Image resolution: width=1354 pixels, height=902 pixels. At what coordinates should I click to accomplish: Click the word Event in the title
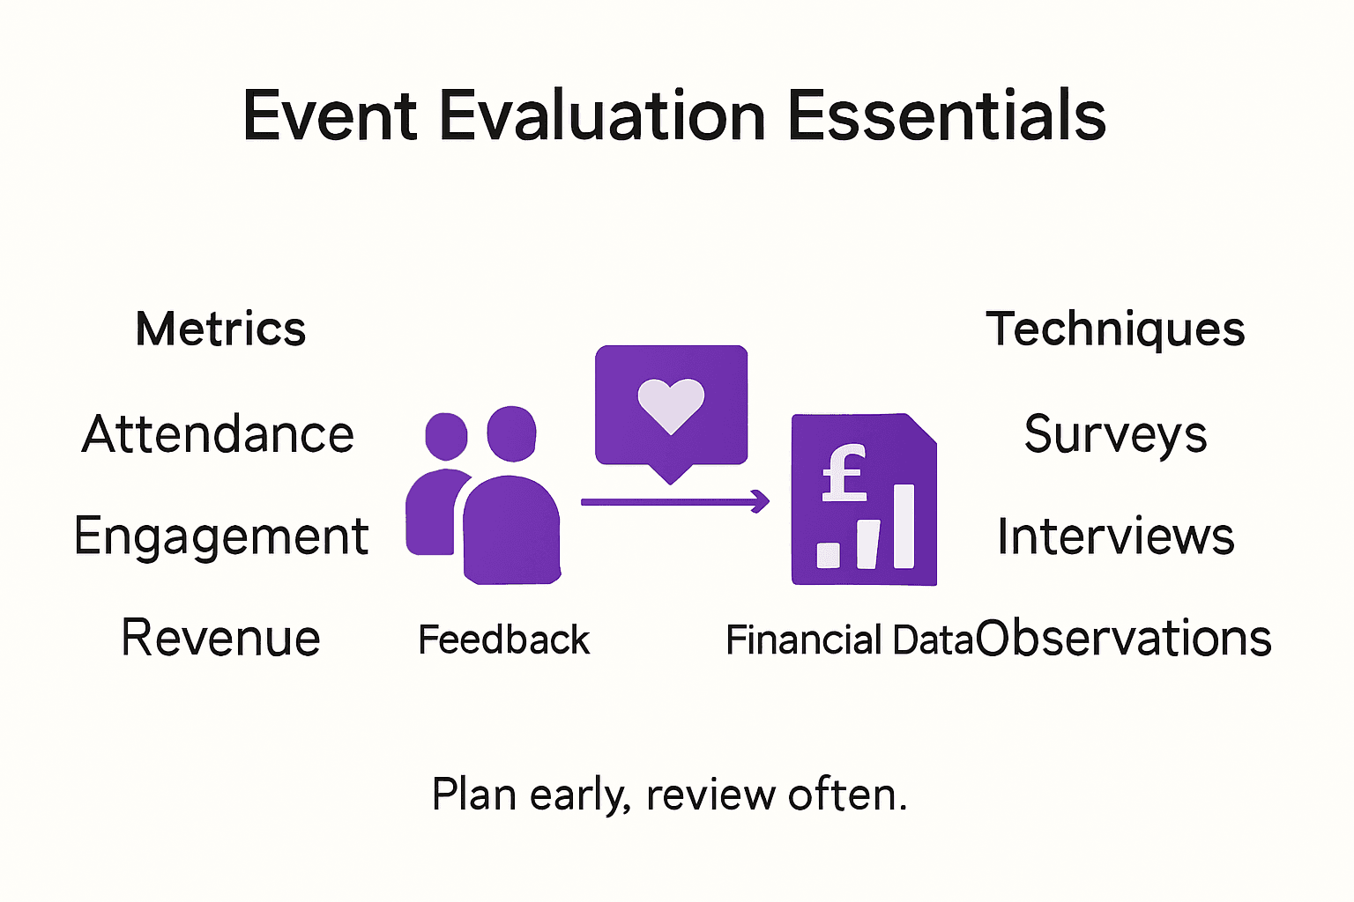coord(330,115)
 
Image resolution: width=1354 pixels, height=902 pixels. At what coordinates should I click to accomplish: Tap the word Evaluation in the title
coord(602,115)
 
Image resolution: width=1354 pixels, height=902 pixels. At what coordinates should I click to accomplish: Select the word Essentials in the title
coord(946,115)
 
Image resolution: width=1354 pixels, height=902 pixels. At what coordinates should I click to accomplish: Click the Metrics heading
coord(220,329)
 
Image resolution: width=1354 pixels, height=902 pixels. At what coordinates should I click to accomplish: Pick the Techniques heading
coord(1115,330)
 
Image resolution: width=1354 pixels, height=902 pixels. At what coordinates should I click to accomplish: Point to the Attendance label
coord(218,434)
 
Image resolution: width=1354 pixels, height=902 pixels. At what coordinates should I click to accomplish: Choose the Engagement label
coord(220,536)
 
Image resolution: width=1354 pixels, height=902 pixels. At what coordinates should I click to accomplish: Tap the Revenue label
coord(220,638)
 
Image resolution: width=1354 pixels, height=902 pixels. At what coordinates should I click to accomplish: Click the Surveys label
coord(1115,435)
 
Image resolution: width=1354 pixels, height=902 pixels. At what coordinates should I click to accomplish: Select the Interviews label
coord(1115,536)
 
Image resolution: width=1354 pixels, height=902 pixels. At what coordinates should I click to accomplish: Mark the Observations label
coord(1124,638)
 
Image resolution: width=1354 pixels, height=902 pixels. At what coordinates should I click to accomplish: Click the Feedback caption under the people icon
coord(503,640)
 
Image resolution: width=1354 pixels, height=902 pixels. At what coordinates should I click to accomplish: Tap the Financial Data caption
coord(848,640)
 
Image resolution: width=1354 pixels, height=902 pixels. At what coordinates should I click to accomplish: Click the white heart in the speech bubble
coord(671,404)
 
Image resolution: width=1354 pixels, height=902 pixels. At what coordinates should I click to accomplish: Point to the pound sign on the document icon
coord(844,473)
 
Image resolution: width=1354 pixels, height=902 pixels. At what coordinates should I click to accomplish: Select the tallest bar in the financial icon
coord(904,526)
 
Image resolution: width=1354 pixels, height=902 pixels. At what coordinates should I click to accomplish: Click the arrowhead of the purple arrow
coord(762,501)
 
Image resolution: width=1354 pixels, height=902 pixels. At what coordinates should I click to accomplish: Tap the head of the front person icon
coord(511,433)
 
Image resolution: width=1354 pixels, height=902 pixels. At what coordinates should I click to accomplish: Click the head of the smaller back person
coord(446,435)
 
